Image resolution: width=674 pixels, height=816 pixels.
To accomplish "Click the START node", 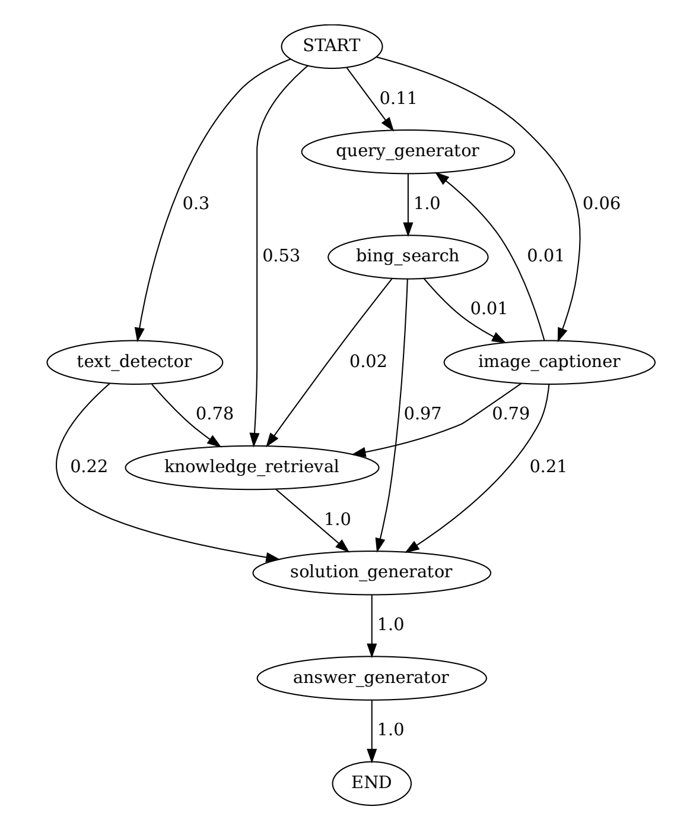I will (x=332, y=46).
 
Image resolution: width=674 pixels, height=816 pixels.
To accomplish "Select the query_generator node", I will (x=408, y=151).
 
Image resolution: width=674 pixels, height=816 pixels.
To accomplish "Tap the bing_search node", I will (x=408, y=257).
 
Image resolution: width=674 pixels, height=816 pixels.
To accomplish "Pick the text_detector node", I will (x=134, y=362).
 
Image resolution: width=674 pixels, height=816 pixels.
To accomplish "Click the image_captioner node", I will (x=549, y=362).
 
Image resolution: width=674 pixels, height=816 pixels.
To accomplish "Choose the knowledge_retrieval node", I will (x=252, y=467).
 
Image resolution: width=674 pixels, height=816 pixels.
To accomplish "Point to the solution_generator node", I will (x=371, y=572).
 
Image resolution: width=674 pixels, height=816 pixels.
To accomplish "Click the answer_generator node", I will (x=371, y=678).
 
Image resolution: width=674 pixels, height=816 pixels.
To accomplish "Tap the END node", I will (x=371, y=783).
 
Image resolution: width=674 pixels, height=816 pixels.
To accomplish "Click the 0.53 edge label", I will (x=281, y=256).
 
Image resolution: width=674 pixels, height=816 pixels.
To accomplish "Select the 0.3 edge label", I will (x=196, y=204).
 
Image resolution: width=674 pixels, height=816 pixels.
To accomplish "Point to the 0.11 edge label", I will (x=398, y=99).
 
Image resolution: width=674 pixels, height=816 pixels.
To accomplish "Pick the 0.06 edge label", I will (x=601, y=204).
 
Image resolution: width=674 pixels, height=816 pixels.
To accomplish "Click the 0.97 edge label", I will (x=422, y=414).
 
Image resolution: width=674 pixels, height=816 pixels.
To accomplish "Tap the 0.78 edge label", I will (x=215, y=414).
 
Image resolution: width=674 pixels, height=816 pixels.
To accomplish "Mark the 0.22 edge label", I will (x=89, y=467).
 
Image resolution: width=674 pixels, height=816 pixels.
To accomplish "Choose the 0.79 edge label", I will (x=511, y=414).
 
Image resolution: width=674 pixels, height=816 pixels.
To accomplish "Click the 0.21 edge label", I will (x=548, y=467).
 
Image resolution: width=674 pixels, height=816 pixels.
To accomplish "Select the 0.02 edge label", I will (x=368, y=361).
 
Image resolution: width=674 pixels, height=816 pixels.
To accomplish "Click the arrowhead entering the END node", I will (x=371, y=755).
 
